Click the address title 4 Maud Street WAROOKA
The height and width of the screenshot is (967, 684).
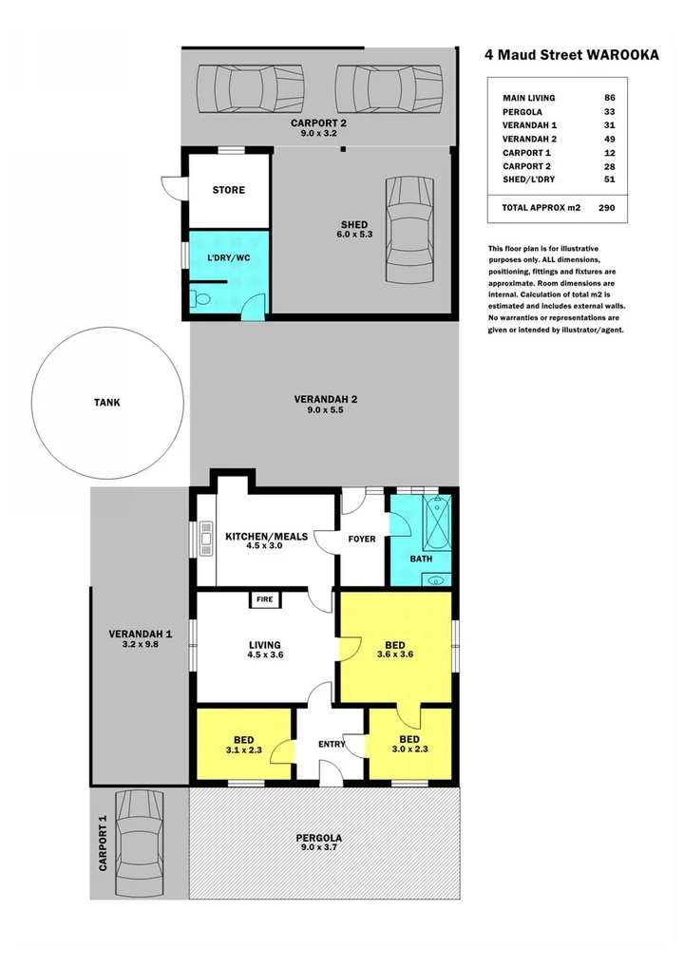click(571, 55)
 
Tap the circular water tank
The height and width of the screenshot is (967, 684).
click(107, 402)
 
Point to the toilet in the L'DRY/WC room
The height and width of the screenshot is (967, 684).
click(199, 300)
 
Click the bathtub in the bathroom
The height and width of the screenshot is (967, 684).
click(438, 522)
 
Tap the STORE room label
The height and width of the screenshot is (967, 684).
click(228, 190)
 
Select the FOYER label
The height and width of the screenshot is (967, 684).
click(361, 539)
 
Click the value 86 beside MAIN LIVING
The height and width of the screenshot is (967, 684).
click(609, 98)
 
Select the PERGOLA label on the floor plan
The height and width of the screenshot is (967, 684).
click(318, 838)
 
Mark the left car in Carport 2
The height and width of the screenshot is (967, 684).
click(249, 88)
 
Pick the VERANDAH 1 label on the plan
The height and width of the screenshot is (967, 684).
click(140, 635)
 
